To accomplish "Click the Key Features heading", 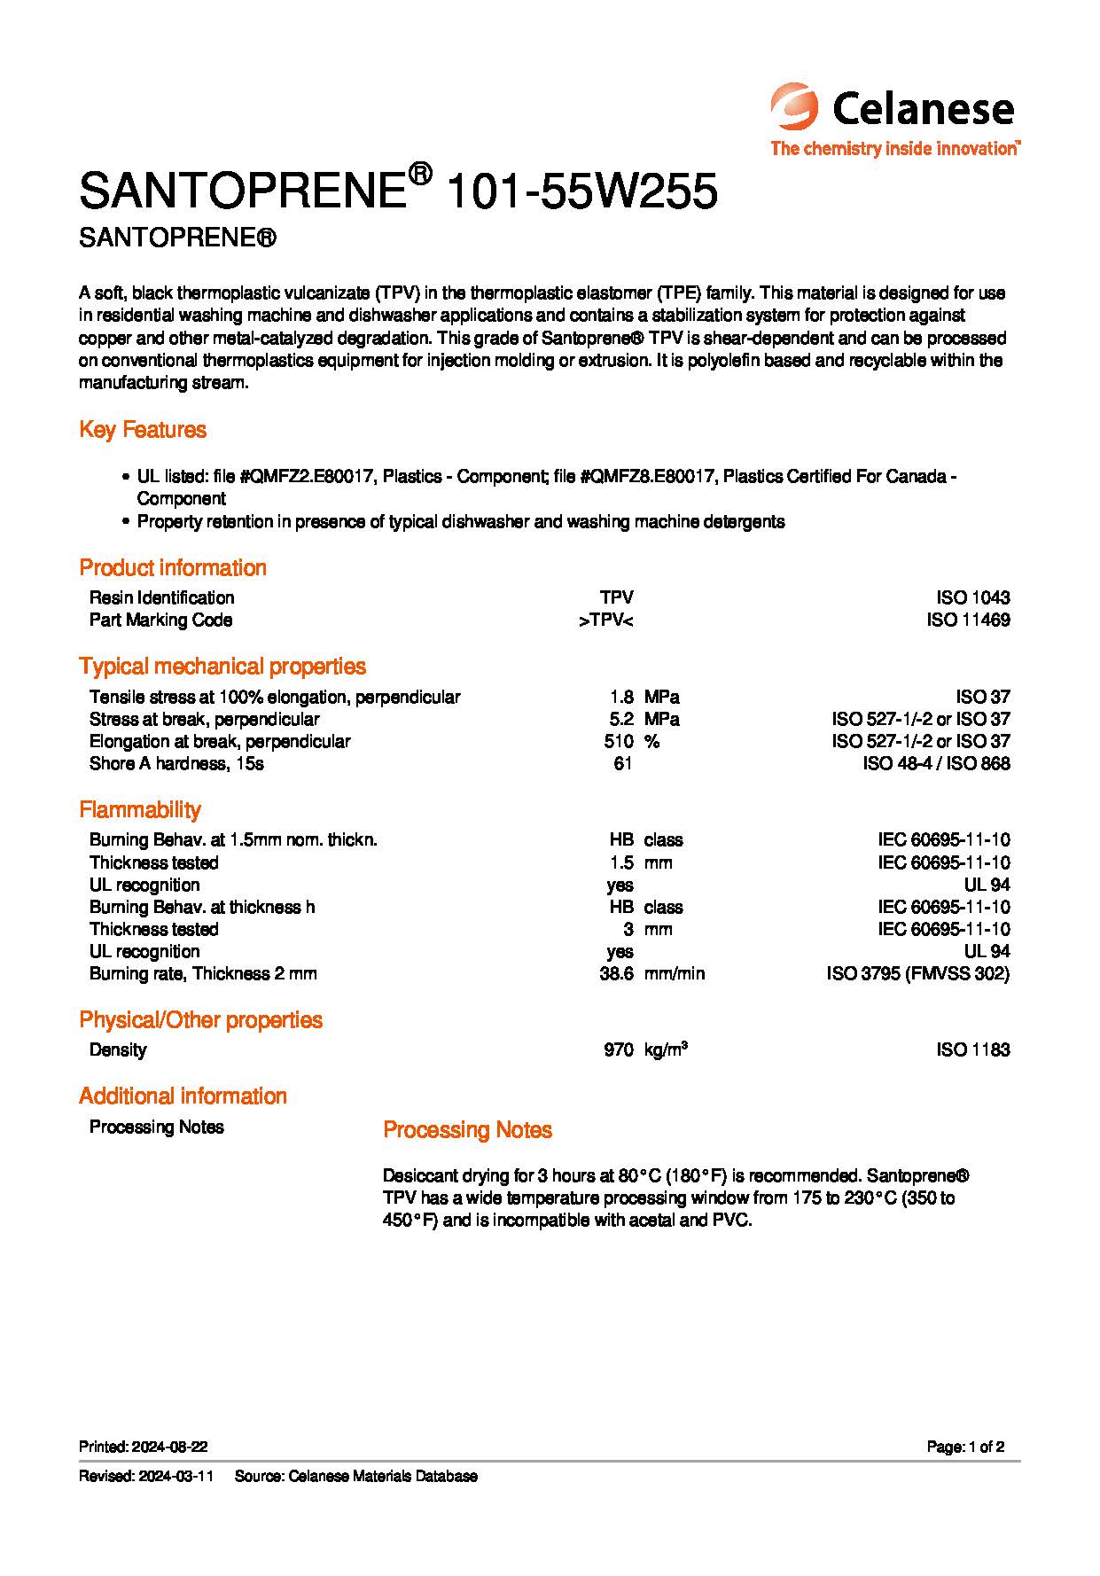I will click(x=143, y=430).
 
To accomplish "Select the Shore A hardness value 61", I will click(x=622, y=763).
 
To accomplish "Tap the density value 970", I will click(x=618, y=1049).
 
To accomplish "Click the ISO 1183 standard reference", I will click(x=972, y=1049).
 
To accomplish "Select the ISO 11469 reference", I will click(x=968, y=620).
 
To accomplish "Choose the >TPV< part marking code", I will click(x=605, y=620).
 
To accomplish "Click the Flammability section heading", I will click(x=140, y=809).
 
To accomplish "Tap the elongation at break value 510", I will click(x=618, y=741).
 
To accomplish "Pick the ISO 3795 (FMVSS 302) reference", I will click(x=917, y=973).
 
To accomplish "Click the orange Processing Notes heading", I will click(x=467, y=1129).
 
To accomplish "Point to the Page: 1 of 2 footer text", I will click(x=965, y=1447).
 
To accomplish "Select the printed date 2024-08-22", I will click(x=169, y=1447).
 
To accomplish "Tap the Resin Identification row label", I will click(x=161, y=597).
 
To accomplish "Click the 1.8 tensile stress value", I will click(x=621, y=697).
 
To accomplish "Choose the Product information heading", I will click(x=173, y=567).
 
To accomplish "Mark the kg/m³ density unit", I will click(x=666, y=1049).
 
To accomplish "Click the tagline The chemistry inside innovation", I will click(x=894, y=148).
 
